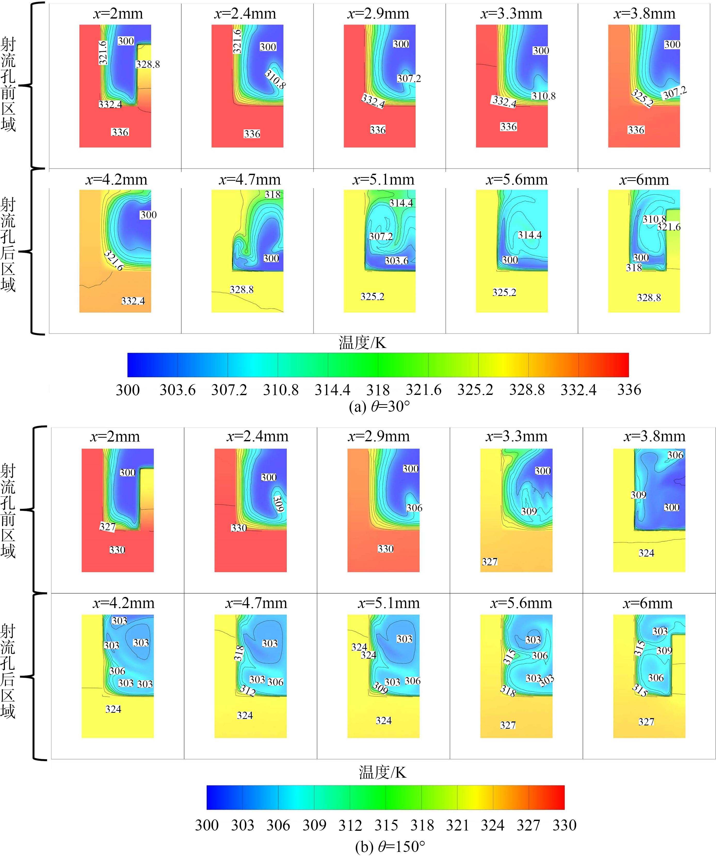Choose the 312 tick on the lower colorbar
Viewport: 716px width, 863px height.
pos(350,825)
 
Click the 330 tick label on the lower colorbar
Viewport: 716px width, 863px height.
pos(564,825)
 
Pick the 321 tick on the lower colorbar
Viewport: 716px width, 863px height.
pos(457,825)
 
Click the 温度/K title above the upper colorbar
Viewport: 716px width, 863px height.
pos(362,342)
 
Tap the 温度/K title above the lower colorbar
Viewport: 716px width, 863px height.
pos(382,773)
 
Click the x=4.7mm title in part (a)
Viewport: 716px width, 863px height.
pos(250,180)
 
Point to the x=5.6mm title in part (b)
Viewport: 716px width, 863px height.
pos(521,603)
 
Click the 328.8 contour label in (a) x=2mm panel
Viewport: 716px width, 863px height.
pos(148,64)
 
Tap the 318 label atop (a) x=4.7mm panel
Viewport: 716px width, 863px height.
pos(272,194)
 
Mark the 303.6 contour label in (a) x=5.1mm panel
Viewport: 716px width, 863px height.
pos(397,261)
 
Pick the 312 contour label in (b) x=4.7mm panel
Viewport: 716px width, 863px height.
pos(248,690)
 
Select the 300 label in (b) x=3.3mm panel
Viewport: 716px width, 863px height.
pos(542,471)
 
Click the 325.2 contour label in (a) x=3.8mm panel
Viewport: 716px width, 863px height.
pos(642,98)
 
